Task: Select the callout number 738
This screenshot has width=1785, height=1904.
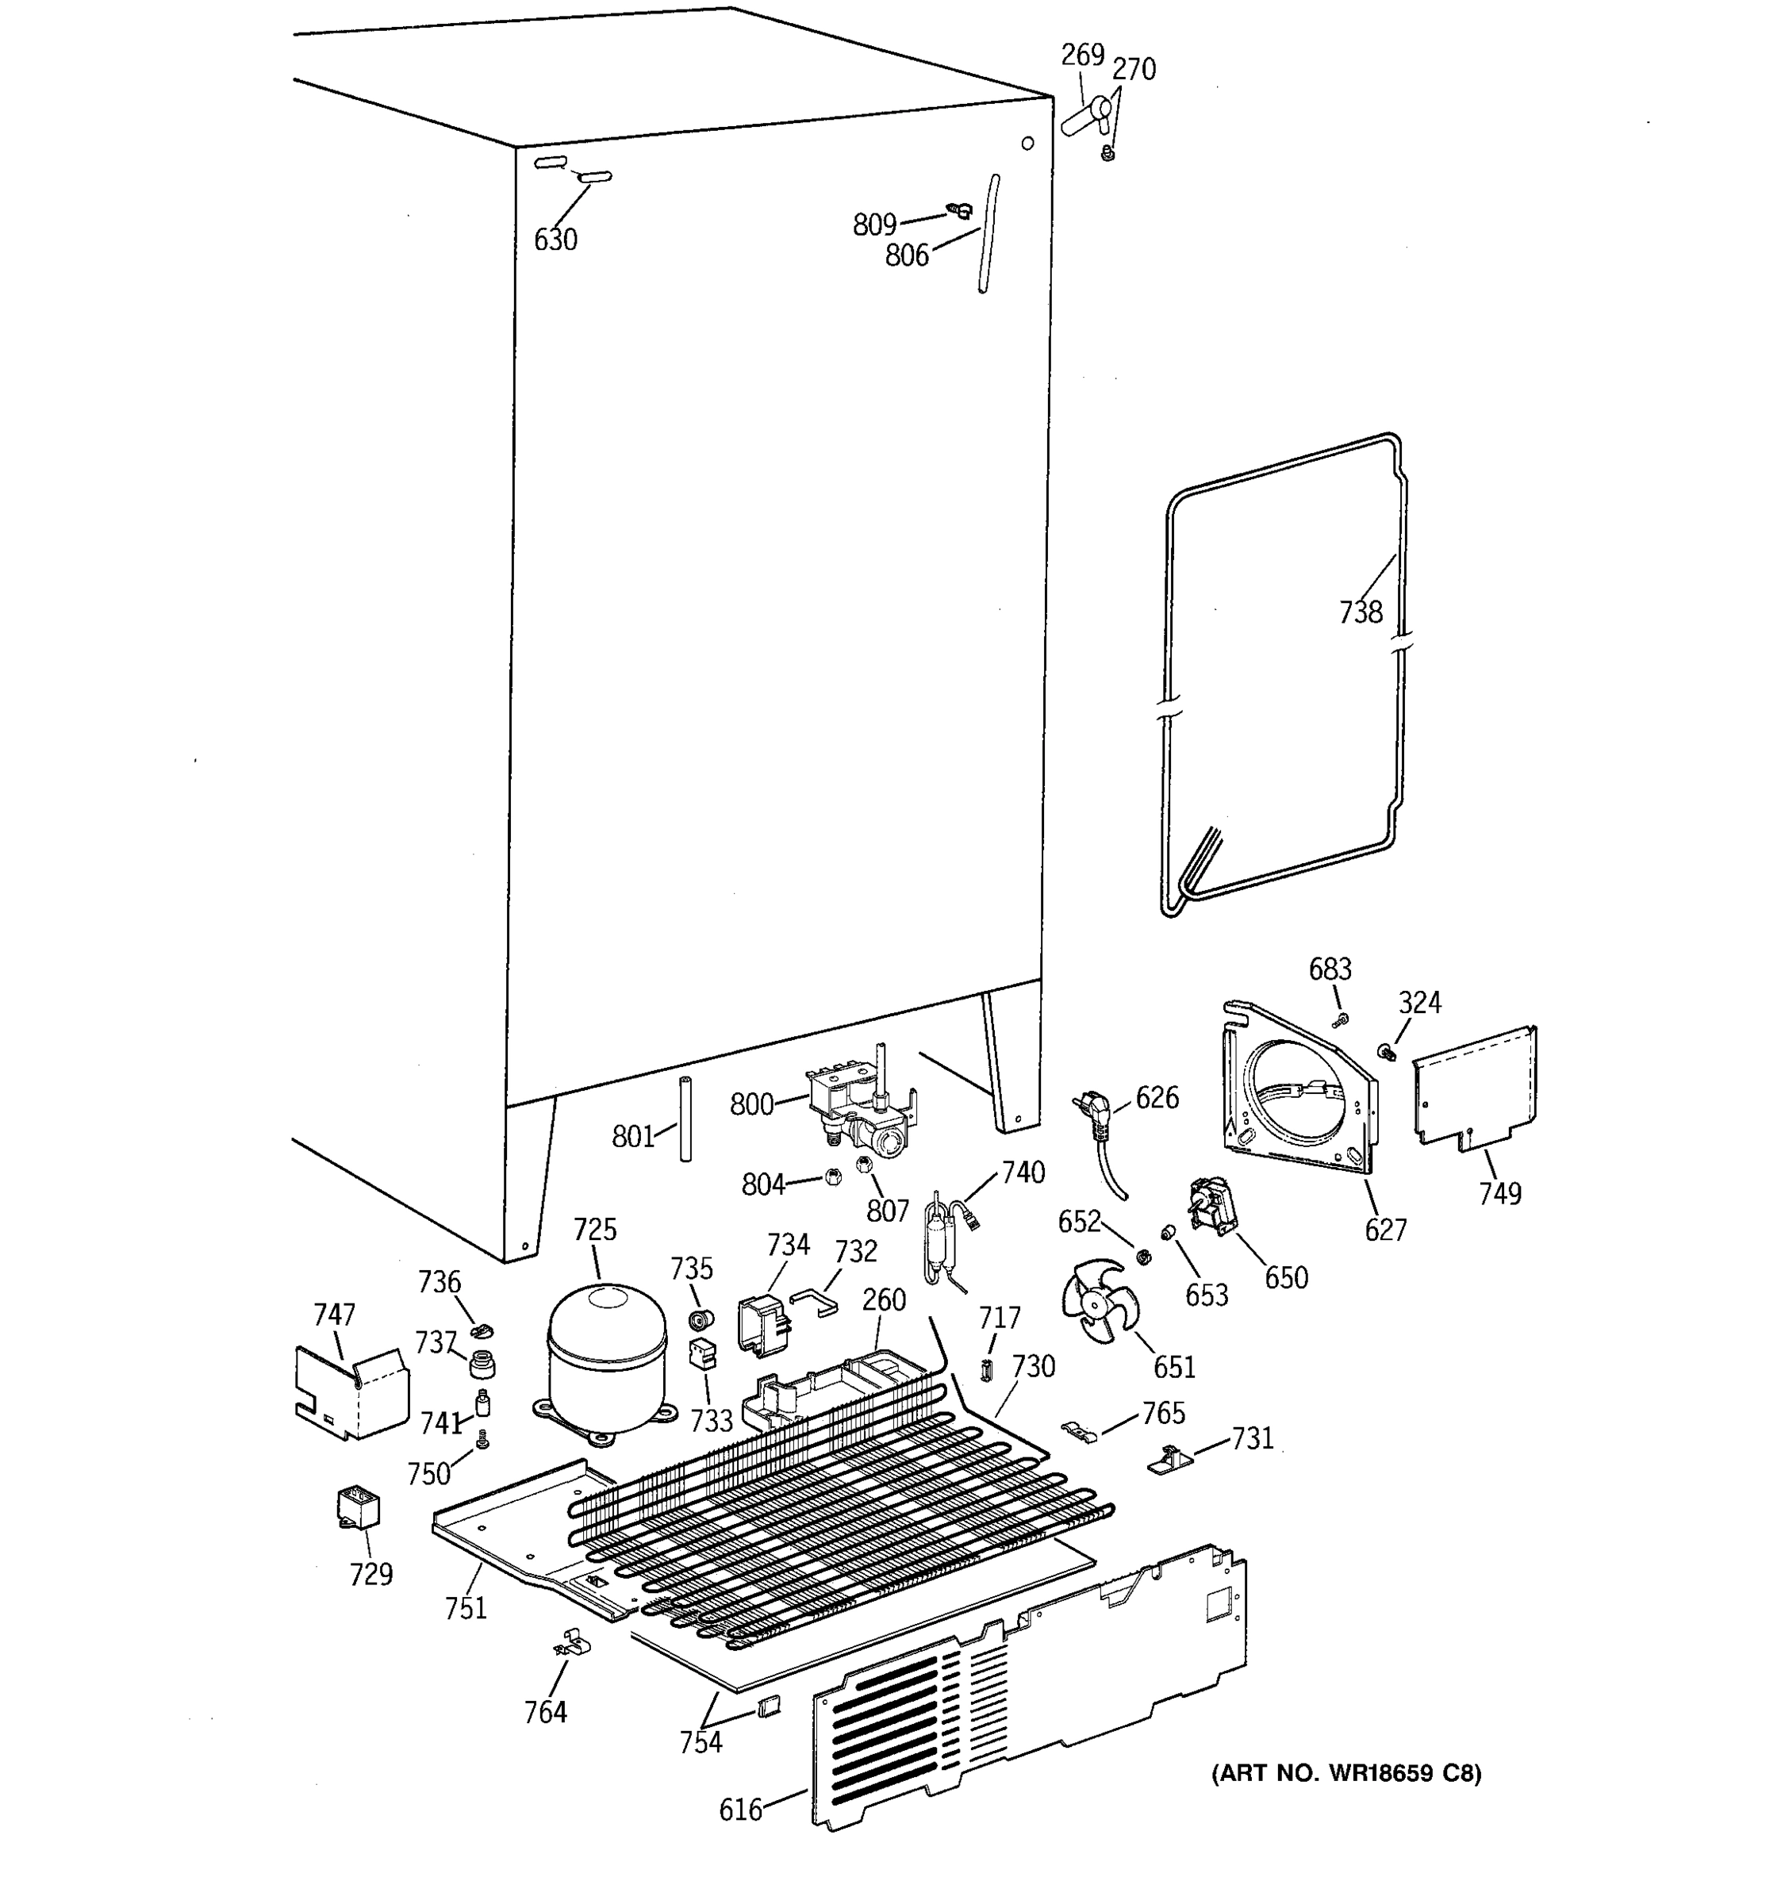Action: point(1360,612)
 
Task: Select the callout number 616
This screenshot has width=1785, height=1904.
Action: point(740,1809)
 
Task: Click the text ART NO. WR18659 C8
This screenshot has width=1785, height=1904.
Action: point(1345,1774)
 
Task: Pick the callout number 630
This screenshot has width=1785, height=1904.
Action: point(555,240)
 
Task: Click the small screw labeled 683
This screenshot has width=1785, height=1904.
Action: point(1342,1019)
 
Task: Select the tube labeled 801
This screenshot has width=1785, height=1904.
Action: point(685,1119)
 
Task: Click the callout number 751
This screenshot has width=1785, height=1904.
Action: point(466,1608)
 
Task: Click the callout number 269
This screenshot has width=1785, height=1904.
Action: point(1082,55)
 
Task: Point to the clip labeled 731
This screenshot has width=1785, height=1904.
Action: point(1169,1461)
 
